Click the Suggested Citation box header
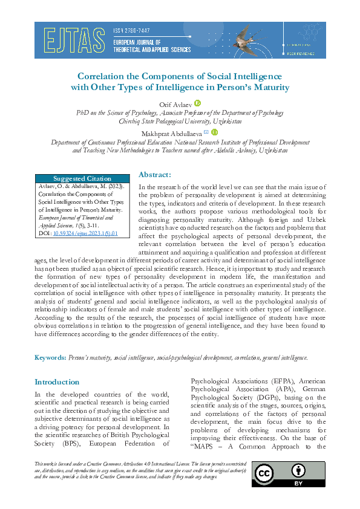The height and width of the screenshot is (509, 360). pos(82,178)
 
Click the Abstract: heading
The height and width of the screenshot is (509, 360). pos(155,174)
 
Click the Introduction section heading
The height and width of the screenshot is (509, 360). pos(57,382)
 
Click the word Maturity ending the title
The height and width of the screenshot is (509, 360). pos(272,88)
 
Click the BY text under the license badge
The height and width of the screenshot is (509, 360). pos(298,482)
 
